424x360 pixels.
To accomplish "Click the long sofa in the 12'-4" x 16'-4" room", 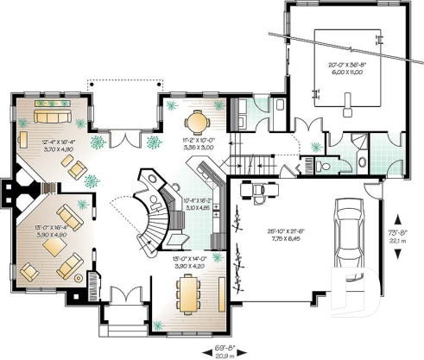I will [52, 116].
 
